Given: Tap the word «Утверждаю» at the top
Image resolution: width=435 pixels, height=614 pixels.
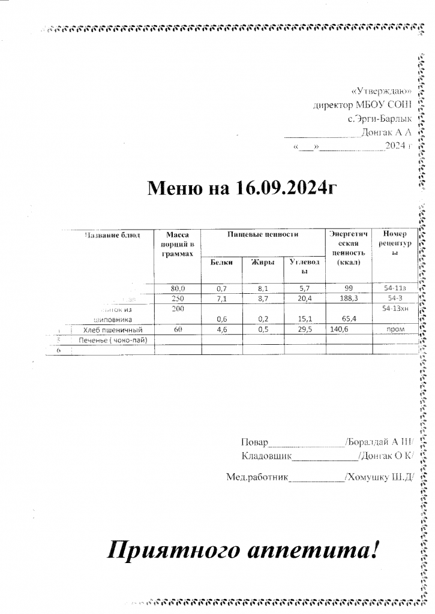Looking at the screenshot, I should (382, 92).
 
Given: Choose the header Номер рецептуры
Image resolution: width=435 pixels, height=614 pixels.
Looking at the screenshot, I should (394, 243).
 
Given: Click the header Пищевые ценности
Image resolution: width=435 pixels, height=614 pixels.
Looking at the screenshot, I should (263, 234).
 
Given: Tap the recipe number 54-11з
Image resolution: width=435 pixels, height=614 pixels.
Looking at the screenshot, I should (395, 288).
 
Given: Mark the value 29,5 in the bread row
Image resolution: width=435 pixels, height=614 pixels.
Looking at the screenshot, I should (304, 329).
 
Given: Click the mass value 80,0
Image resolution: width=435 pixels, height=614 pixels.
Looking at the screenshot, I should (178, 288).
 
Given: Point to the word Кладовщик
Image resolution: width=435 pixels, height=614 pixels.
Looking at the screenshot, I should (266, 456).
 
